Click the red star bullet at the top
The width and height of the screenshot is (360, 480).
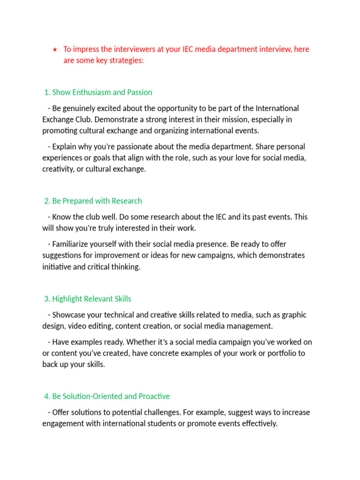55,50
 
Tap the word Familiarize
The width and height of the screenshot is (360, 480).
72,244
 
